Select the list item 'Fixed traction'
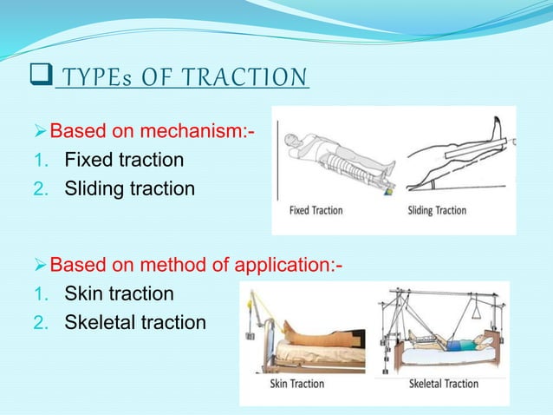pos(124,161)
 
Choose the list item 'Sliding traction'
pos(130,188)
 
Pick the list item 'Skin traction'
pos(119,293)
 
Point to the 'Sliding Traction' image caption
pos(437,210)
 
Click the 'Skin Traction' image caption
pos(296,383)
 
